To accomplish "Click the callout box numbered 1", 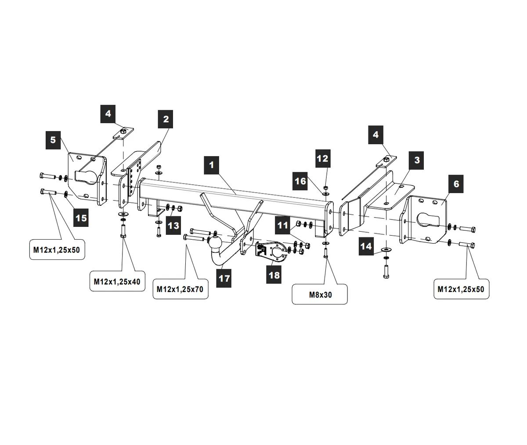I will click(212, 165).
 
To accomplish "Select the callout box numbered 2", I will click(166, 119).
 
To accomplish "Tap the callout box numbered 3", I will click(417, 160).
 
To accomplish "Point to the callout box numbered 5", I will click(53, 140).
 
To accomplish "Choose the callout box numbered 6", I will click(456, 184).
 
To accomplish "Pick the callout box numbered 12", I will click(322, 158).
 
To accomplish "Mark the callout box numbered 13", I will click(173, 226).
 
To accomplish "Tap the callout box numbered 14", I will click(366, 246).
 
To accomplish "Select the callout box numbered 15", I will click(81, 217).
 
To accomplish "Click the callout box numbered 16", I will click(300, 181).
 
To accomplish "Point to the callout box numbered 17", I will click(224, 278).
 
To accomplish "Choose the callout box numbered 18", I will click(274, 275).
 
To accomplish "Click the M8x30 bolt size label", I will click(320, 295).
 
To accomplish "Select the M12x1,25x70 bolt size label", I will click(180, 289).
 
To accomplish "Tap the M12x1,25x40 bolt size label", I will click(117, 282).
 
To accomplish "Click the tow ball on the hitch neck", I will click(217, 243).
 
